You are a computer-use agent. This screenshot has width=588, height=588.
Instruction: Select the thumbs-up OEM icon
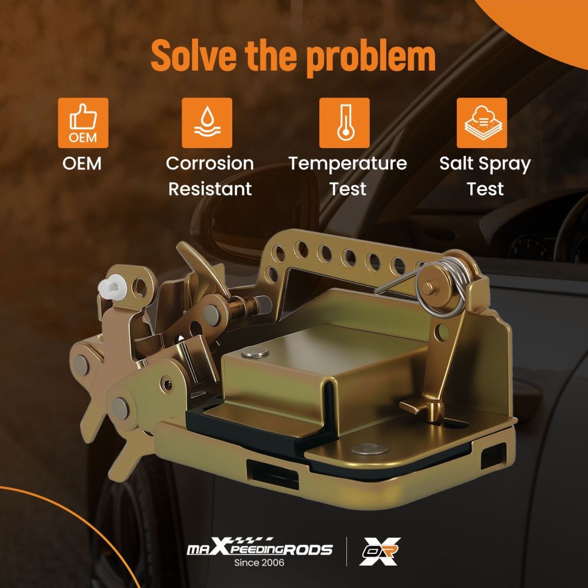83,123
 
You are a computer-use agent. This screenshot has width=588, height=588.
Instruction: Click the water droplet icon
207,123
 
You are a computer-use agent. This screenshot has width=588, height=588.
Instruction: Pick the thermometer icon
344,123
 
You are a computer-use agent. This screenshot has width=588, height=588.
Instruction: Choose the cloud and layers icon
482,123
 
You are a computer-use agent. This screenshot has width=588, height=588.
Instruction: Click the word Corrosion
210,163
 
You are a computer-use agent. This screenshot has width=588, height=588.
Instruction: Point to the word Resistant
210,189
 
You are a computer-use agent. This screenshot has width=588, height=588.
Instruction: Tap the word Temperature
348,164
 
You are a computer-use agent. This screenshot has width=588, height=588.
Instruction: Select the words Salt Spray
485,164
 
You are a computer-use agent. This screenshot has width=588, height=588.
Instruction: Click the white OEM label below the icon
82,163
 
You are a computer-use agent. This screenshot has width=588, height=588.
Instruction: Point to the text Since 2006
259,563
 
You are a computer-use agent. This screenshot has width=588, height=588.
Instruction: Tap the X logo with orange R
380,552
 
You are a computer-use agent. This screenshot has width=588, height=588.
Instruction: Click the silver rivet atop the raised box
255,352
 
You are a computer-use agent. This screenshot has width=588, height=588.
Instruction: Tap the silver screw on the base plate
370,449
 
